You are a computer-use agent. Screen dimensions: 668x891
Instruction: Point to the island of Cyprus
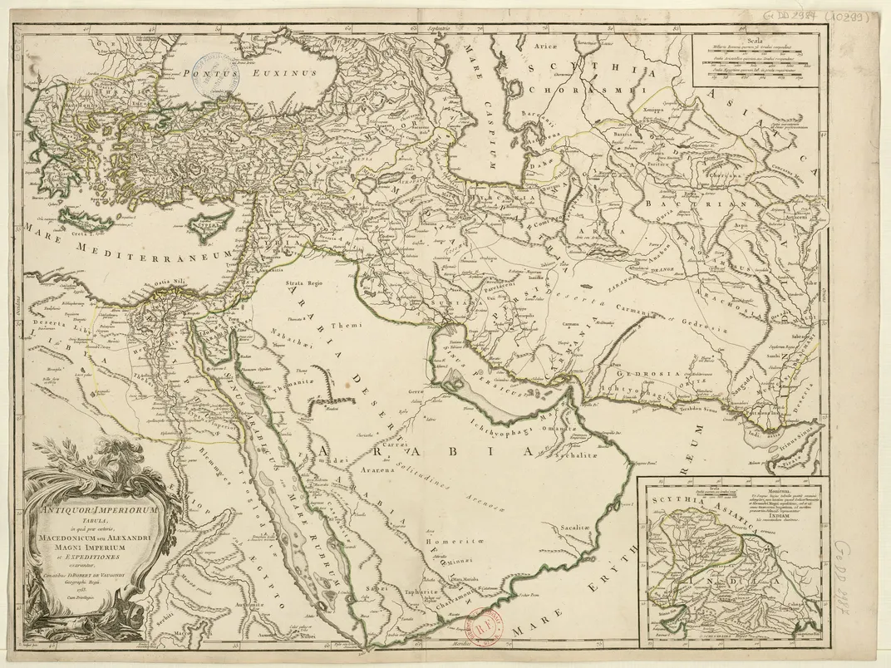click(210, 224)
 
